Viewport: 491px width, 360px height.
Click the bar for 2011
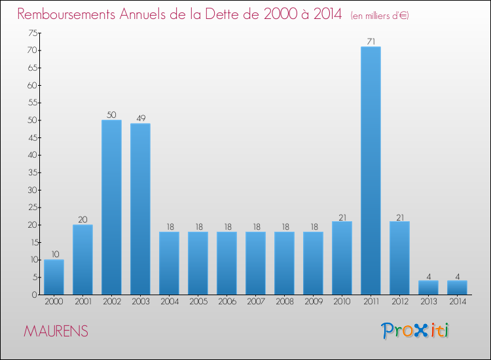click(x=371, y=170)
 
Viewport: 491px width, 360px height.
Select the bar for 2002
click(x=111, y=207)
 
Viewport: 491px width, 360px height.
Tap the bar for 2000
click(x=54, y=277)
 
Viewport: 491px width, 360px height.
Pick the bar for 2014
click(x=457, y=287)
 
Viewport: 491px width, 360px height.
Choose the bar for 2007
click(x=255, y=263)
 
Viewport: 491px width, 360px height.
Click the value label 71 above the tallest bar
click(x=371, y=42)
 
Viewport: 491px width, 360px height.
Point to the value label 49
click(x=140, y=118)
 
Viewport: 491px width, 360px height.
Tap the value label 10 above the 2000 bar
click(x=54, y=255)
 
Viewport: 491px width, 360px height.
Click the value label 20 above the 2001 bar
click(x=82, y=220)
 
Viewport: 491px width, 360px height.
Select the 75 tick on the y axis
click(x=31, y=33)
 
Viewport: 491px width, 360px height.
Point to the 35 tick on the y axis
click(x=31, y=173)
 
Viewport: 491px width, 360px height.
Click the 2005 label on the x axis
click(x=198, y=302)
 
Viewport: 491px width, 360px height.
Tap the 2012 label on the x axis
click(x=399, y=302)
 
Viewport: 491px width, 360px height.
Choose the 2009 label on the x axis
click(x=313, y=302)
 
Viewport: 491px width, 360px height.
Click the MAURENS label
click(x=56, y=331)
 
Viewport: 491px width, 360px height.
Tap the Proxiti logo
click(x=416, y=331)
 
